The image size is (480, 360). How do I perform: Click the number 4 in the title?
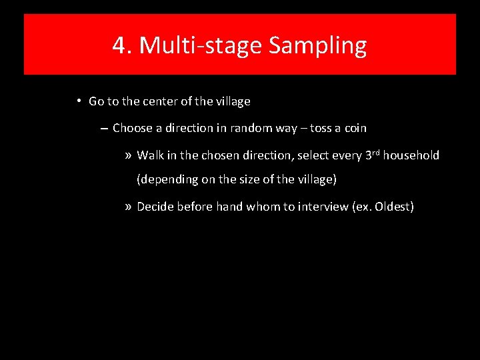119,45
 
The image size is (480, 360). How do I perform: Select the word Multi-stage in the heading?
199,45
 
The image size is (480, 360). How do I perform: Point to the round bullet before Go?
78,101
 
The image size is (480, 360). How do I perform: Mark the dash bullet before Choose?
103,127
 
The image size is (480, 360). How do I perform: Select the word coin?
355,128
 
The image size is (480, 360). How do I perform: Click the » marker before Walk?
129,155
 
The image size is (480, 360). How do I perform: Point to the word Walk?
150,155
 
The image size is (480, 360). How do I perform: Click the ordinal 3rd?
372,155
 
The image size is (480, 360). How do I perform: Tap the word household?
411,155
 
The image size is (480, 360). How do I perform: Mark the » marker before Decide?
129,207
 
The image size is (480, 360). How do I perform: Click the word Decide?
155,207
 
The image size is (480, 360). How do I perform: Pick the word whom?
263,207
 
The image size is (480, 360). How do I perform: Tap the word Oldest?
393,207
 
